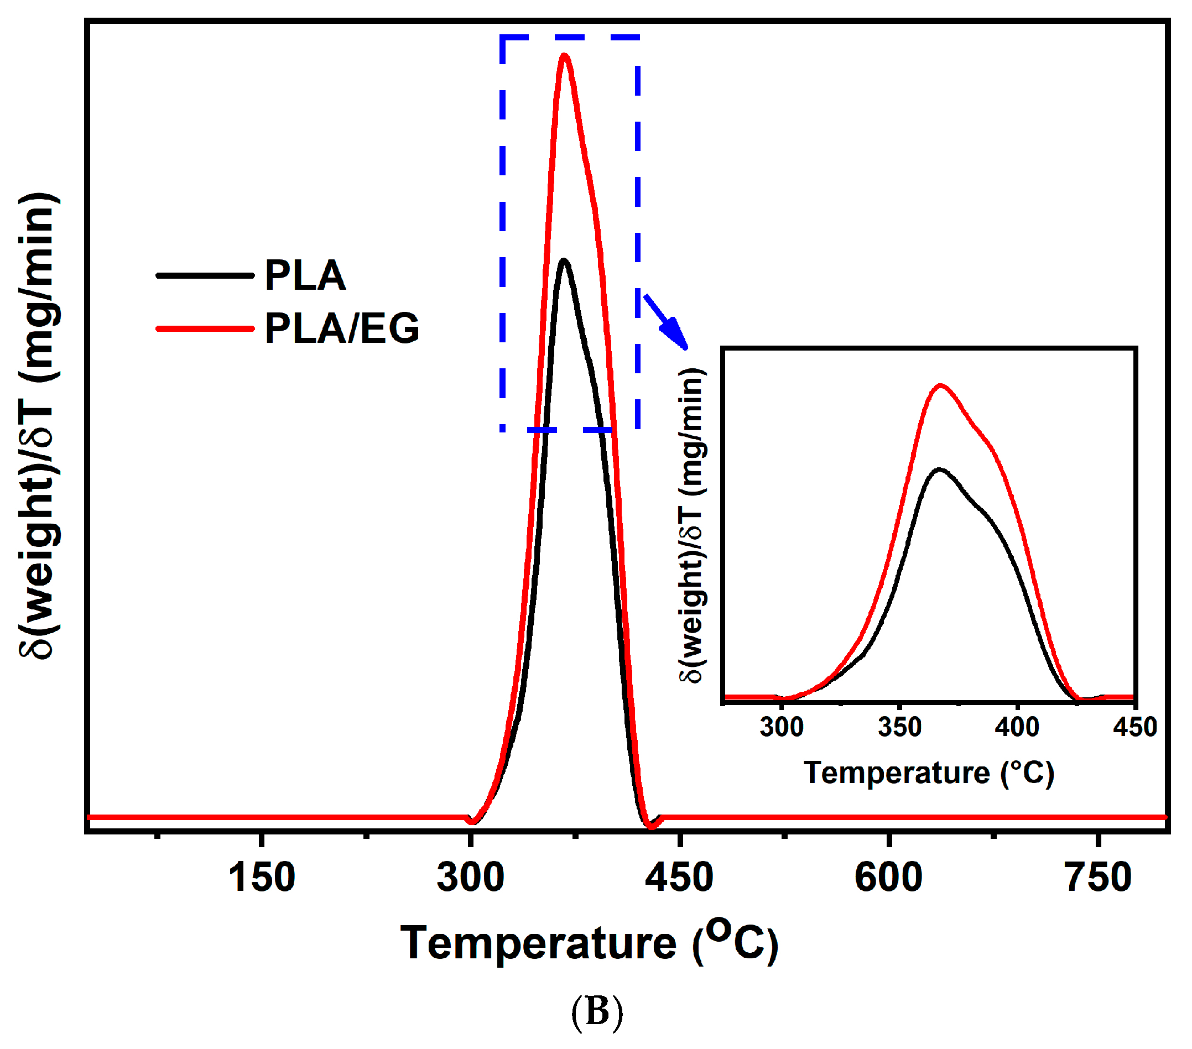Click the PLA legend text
tap(305, 275)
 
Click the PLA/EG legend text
tap(342, 328)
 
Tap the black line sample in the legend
tap(205, 275)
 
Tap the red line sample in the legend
tap(205, 328)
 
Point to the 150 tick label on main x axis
tap(261, 878)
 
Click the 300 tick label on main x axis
tap(470, 878)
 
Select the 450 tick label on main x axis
tap(679, 878)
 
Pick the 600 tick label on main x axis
tap(888, 878)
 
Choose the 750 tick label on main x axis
tap(1097, 878)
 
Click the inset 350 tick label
tap(899, 727)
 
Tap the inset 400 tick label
tap(1017, 727)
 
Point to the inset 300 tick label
tap(782, 727)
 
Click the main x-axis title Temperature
tap(589, 943)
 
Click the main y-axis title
tap(40, 426)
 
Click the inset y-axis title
tap(692, 525)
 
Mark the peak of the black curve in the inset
tap(939, 469)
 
